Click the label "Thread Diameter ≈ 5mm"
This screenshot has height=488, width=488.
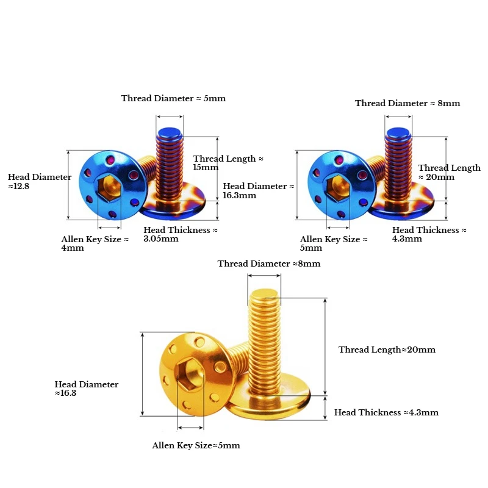point(173,98)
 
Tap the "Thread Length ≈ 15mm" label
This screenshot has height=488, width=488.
point(228,163)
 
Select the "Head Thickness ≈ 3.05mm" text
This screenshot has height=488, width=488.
point(181,234)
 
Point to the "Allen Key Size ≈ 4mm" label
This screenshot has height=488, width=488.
point(95,243)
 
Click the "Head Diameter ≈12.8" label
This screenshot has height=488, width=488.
point(40,181)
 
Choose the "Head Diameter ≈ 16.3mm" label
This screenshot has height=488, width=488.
point(259,190)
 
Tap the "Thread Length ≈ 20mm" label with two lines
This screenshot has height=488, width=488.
point(450,172)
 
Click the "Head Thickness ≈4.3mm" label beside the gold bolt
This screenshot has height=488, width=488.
point(386,412)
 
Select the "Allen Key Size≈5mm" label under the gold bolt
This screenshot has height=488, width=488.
point(196,445)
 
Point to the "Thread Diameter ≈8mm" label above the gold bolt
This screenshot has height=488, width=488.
point(269,264)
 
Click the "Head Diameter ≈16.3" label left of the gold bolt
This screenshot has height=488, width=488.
point(87,389)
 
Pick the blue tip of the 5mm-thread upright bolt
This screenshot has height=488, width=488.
point(170,132)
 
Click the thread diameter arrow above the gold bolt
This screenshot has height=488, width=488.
point(264,276)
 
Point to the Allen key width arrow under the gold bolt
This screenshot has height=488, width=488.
point(190,428)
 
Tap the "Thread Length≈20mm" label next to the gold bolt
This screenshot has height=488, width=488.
point(387,350)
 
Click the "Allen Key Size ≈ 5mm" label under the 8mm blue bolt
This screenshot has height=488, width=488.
point(334,243)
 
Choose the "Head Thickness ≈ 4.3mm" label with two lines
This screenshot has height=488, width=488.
point(429,234)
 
